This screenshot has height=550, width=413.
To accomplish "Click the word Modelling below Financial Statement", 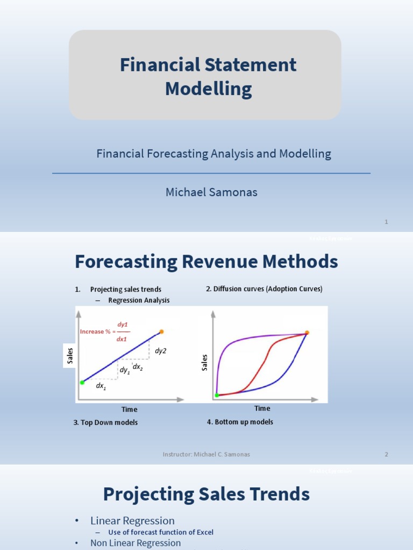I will click(x=208, y=89).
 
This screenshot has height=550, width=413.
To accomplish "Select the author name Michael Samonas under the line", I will click(x=211, y=192).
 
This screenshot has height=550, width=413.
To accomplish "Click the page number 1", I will click(x=387, y=222).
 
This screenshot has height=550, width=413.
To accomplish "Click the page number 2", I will click(x=386, y=454).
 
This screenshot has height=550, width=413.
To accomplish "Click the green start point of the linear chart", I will click(x=82, y=382).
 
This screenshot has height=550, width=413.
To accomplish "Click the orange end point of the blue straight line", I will click(x=161, y=331).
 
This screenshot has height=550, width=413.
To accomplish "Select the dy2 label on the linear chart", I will click(x=161, y=351).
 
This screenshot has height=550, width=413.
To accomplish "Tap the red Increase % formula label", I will click(x=104, y=331).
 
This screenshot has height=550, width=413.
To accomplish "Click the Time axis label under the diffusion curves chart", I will click(x=262, y=409).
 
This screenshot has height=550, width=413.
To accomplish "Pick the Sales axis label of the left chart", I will click(x=70, y=357).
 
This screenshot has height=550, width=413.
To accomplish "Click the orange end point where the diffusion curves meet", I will click(x=307, y=333).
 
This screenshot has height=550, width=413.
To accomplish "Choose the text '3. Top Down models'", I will click(x=105, y=423).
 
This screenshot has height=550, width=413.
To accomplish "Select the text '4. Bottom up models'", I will click(x=240, y=422).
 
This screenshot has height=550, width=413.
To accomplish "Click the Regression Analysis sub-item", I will click(x=139, y=300).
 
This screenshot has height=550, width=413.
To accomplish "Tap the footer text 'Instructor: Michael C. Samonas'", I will click(x=206, y=454).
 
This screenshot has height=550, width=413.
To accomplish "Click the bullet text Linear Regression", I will click(x=132, y=520).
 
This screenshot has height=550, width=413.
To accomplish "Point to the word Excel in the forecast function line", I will click(x=204, y=532).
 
